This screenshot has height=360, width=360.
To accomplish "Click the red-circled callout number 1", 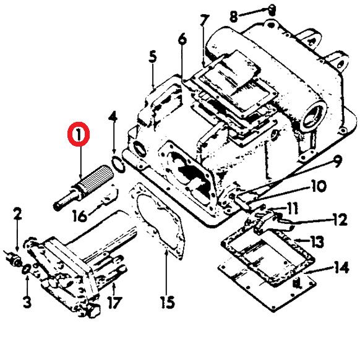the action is click(79, 134).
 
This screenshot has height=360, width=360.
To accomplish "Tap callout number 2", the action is click(17, 214).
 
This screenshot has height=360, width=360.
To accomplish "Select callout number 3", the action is click(27, 302).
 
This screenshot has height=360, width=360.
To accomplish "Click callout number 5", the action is click(153, 57).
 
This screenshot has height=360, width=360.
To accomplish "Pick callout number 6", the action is click(182, 39).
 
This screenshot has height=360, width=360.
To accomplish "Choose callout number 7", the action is click(204, 20).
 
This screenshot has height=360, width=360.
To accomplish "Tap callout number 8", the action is click(234, 17).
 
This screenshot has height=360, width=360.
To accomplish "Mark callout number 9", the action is click(337, 161).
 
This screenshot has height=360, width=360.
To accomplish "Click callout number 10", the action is click(319, 186).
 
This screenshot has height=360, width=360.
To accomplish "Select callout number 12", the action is click(340, 220).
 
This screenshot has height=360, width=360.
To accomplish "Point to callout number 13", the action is click(317, 241).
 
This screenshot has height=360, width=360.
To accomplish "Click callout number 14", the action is click(341, 267).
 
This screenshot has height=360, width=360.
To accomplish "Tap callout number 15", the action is click(168, 302).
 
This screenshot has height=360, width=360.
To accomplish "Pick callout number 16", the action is click(80, 216).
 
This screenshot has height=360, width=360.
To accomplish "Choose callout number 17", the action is click(114, 302).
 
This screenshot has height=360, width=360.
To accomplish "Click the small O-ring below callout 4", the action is click(118, 165).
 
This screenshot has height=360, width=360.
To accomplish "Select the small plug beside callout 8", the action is click(272, 10).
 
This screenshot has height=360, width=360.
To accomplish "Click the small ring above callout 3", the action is click(26, 269).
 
